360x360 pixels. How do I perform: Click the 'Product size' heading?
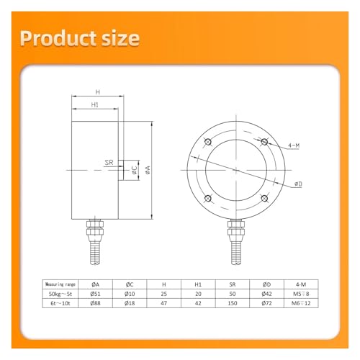point(80,38)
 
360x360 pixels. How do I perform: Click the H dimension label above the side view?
point(97,92)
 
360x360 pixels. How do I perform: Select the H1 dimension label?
point(95,104)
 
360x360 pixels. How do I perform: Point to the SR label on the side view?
point(109,163)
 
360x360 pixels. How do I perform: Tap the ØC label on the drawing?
point(134,170)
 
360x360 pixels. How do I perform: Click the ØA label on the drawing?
point(148,170)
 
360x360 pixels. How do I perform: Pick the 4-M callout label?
point(294,145)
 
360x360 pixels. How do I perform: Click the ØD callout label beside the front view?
point(298,184)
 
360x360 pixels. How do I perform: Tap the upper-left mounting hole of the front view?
point(208,142)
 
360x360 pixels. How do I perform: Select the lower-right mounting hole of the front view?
point(264,199)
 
